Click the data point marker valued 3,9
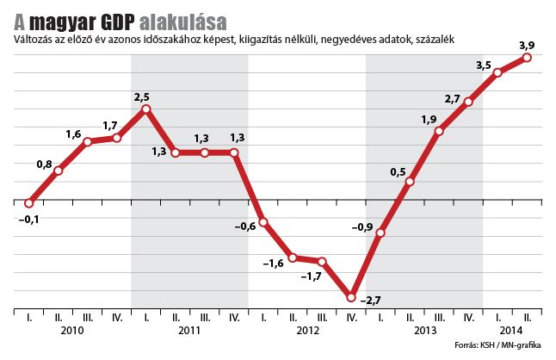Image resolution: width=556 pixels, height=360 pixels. pos(527,58)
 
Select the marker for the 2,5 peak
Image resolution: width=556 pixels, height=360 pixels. pos(146,109)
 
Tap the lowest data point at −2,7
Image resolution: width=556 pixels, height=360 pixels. pos(351,297)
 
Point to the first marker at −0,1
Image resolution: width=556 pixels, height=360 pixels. pos(29,204)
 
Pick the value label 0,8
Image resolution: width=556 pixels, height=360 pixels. pos(46,164)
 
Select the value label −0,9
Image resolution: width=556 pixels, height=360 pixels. pos(363,227)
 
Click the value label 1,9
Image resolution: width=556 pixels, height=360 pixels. pos(429,120)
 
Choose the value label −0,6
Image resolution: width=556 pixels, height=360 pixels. pos(246,227)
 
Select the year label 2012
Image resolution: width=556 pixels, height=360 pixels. pos(307,332)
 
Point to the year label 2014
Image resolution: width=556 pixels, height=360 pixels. pos(512,332)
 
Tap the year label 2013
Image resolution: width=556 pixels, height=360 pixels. pos(424,332)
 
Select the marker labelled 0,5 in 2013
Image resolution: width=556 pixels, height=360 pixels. pos(410,182)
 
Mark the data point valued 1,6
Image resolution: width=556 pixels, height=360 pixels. pos(88,141)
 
